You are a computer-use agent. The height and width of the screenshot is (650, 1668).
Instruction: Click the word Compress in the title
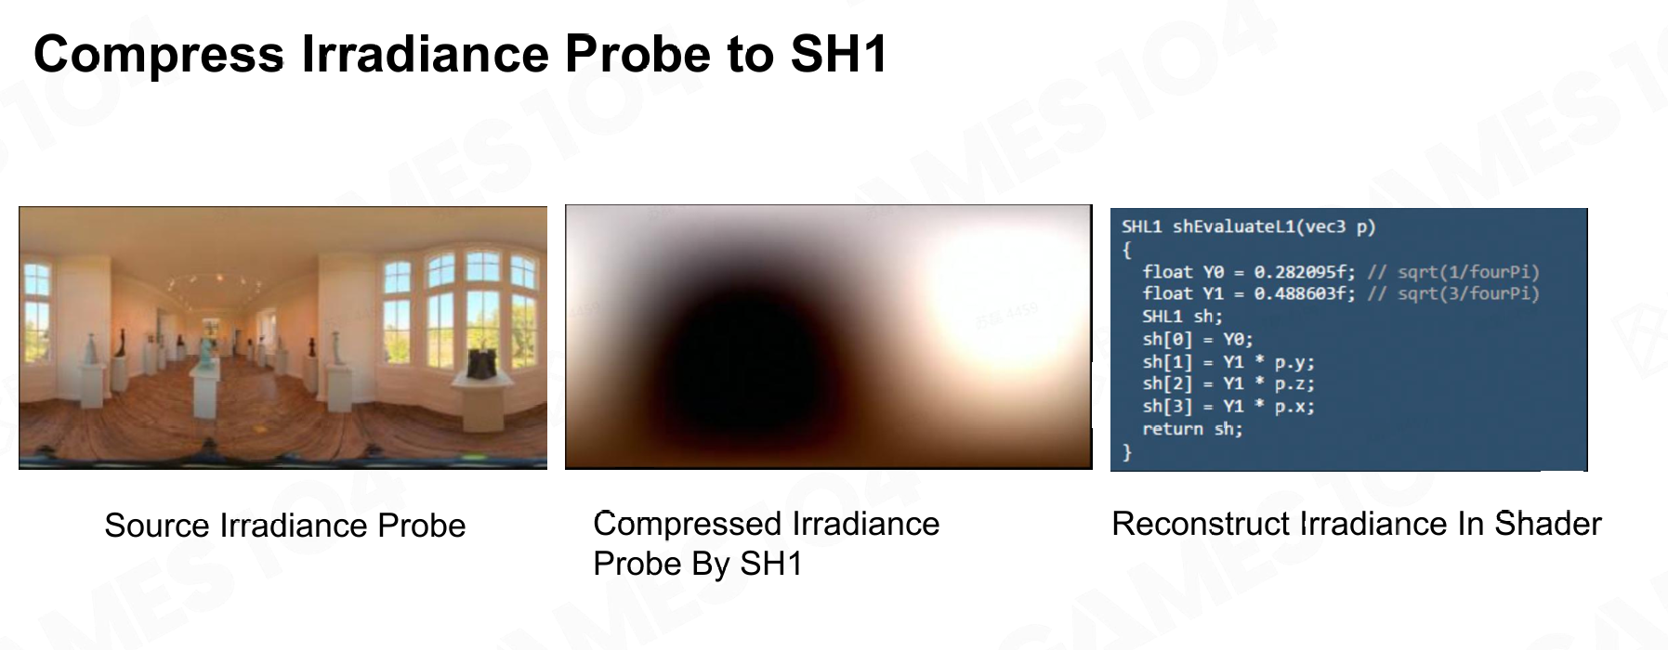point(159,55)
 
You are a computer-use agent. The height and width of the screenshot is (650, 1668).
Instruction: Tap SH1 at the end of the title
point(840,54)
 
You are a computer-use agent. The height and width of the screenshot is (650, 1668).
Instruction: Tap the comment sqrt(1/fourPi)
point(1468,272)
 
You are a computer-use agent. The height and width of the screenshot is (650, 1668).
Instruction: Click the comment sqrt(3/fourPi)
point(1468,293)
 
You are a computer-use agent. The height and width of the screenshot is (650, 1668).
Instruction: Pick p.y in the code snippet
point(1294,362)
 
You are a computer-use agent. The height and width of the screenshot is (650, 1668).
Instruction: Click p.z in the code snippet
point(1294,383)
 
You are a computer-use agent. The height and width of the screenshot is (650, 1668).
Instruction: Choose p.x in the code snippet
point(1294,406)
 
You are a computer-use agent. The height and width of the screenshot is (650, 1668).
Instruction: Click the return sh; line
point(1192,429)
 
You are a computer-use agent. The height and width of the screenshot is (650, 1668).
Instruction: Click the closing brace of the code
point(1127,452)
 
